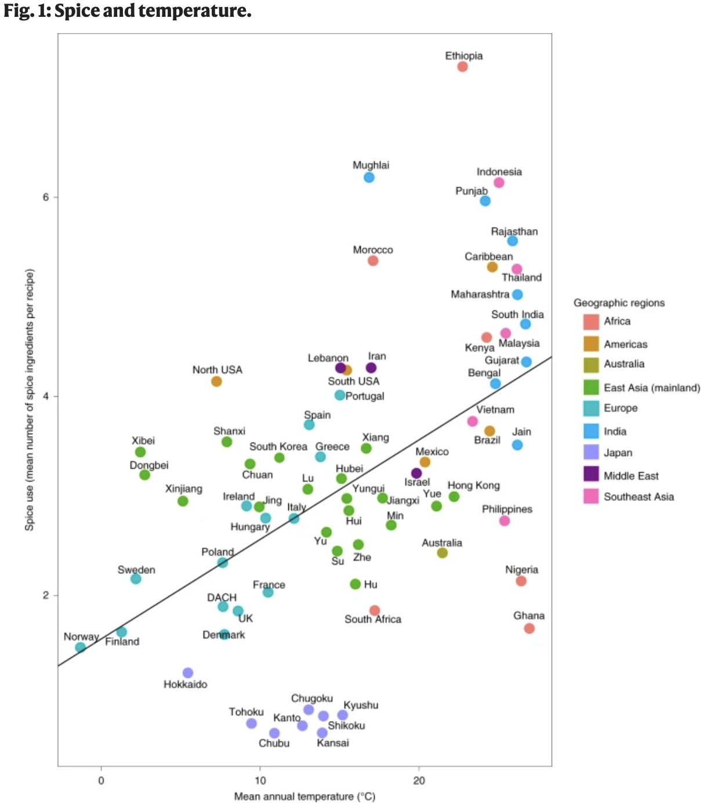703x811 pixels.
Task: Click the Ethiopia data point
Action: (x=462, y=67)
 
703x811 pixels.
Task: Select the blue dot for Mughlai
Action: (x=369, y=178)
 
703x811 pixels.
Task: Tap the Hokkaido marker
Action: (x=187, y=673)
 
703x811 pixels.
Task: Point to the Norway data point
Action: (x=81, y=647)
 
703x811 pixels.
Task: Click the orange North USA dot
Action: (x=216, y=382)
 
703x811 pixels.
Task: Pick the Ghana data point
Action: (x=529, y=629)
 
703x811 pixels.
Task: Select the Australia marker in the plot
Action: (x=442, y=553)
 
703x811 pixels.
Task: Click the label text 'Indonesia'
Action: (x=499, y=172)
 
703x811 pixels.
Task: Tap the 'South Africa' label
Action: (x=372, y=620)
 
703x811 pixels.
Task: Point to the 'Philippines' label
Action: (x=507, y=509)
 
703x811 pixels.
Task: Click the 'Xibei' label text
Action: (x=143, y=441)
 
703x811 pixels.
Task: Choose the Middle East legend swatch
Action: (x=591, y=475)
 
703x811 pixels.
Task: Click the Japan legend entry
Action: (x=618, y=453)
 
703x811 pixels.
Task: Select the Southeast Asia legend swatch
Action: (x=591, y=496)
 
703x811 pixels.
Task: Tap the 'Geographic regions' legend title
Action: (x=619, y=303)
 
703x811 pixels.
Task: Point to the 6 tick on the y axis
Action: (x=46, y=197)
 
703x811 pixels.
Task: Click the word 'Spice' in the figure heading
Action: (x=77, y=10)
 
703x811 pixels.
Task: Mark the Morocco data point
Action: (x=373, y=261)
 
